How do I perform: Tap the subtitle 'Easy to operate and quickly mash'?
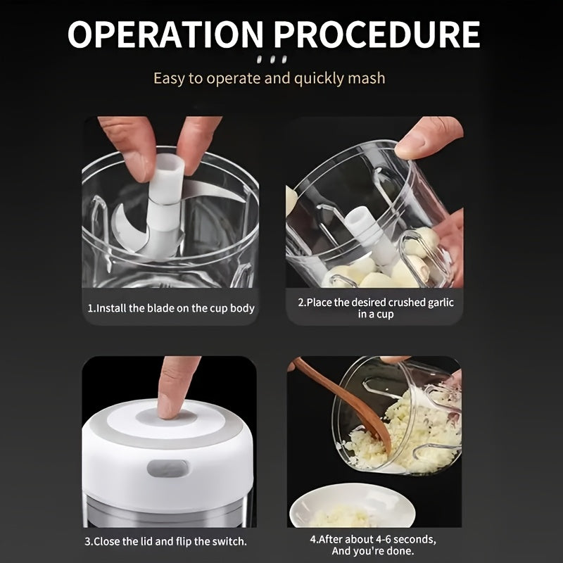(270, 77)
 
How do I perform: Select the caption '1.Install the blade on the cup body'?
(170, 308)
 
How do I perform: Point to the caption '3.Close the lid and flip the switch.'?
(167, 541)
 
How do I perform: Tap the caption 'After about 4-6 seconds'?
(374, 539)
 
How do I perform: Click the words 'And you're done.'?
(374, 552)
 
